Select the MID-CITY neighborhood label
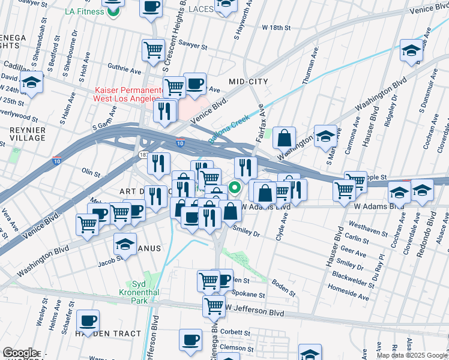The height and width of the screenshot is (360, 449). pyautogui.click(x=248, y=81)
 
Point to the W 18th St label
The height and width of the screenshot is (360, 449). pyautogui.click(x=276, y=28)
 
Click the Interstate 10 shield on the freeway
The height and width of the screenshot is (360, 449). pyautogui.click(x=180, y=143)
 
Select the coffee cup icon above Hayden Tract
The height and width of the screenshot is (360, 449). pyautogui.click(x=88, y=322)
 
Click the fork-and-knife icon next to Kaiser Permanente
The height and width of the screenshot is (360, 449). pyautogui.click(x=164, y=110)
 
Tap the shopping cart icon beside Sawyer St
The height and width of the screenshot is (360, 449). pyautogui.click(x=154, y=49)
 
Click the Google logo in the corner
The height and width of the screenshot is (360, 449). pyautogui.click(x=20, y=353)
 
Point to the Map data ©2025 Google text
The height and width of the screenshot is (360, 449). pyautogui.click(x=412, y=355)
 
